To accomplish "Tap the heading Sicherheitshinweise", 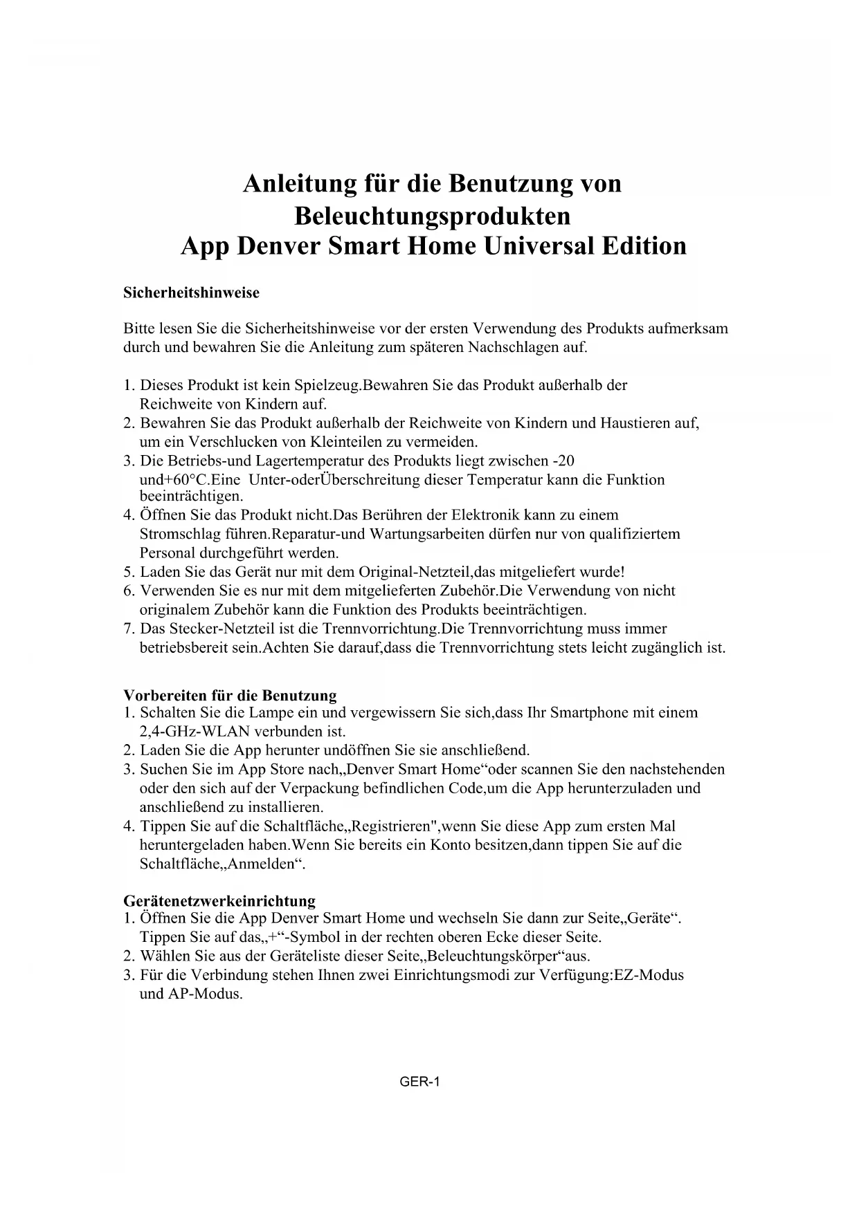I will [191, 293].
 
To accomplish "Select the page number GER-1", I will [419, 1082].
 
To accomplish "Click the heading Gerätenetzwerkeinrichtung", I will [219, 900].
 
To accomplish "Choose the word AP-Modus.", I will [206, 995].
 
